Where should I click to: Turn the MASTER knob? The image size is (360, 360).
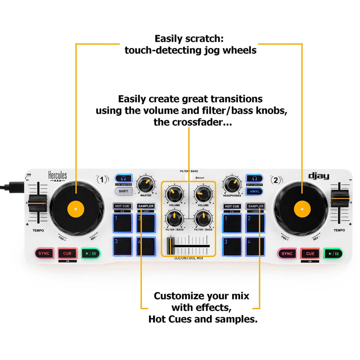coord(145,183)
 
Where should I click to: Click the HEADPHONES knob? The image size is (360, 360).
coord(232,183)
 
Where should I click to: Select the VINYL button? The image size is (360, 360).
coord(254,191)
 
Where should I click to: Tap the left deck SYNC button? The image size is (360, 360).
coord(44,253)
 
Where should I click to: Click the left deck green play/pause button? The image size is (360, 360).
coord(90,253)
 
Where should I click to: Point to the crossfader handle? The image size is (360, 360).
coord(171,246)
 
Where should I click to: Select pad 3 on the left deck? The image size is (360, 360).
coord(122,246)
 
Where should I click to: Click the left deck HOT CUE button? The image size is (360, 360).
coord(122,206)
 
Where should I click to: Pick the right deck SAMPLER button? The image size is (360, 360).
coord(255,206)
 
